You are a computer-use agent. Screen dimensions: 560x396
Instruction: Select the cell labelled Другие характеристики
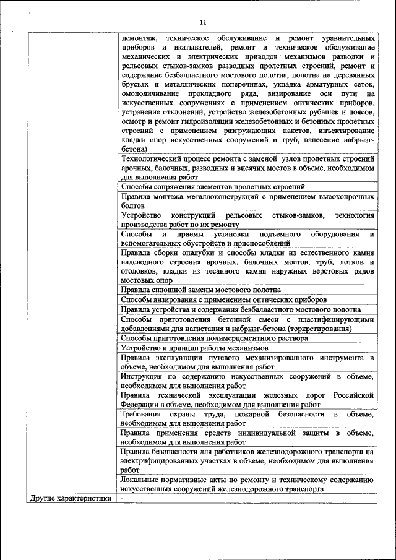pyautogui.click(x=70, y=498)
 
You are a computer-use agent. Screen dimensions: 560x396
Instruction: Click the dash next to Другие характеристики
pyautogui.click(x=123, y=498)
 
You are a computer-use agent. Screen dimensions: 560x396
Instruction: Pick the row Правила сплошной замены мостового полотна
pyautogui.click(x=201, y=290)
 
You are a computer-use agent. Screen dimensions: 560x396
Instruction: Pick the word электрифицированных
pyautogui.click(x=161, y=460)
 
